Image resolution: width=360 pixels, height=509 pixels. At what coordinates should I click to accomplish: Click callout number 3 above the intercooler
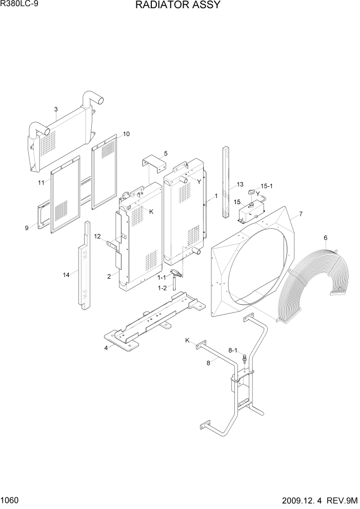point(56,109)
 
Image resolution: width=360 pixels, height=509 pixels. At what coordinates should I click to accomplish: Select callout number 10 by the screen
point(126,134)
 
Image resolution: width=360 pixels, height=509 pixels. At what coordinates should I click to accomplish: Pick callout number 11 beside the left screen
point(41,183)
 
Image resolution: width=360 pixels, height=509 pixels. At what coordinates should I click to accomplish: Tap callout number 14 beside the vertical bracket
point(66,275)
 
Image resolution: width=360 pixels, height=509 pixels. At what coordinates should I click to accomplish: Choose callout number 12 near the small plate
point(97,236)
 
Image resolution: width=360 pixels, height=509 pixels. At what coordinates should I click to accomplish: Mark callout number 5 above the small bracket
point(166,153)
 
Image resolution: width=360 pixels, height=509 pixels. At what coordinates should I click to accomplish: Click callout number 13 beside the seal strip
point(239,184)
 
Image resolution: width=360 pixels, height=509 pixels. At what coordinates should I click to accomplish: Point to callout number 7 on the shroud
point(301,213)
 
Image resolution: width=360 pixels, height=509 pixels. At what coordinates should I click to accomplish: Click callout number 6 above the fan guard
point(325,238)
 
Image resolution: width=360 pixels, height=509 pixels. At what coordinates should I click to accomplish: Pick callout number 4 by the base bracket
point(106,348)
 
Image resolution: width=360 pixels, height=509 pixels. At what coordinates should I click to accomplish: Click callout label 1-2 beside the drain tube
point(162,288)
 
